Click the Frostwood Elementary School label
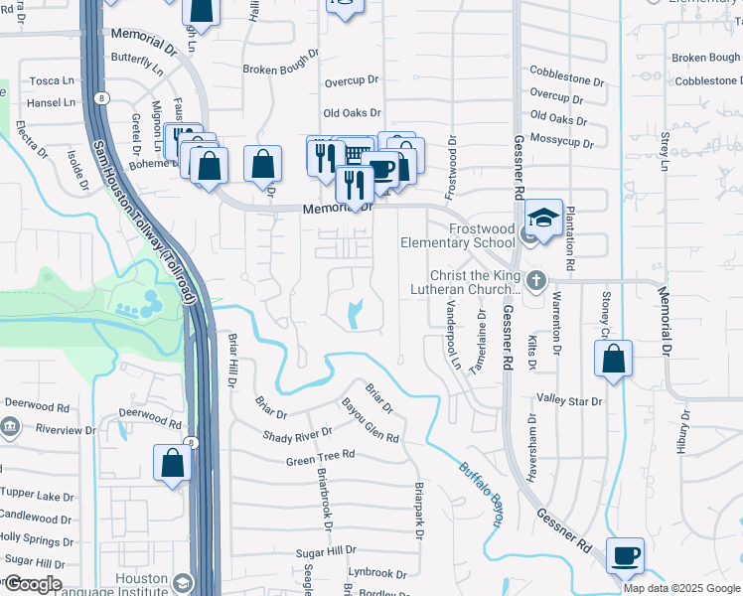pyautogui.click(x=457, y=235)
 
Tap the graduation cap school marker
pyautogui.click(x=543, y=218)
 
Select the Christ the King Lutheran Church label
pyautogui.click(x=466, y=282)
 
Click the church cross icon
pyautogui.click(x=536, y=280)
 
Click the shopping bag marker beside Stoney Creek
pyautogui.click(x=614, y=359)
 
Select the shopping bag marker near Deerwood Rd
pyautogui.click(x=173, y=463)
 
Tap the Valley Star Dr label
pyautogui.click(x=569, y=401)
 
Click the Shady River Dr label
pyautogui.click(x=297, y=436)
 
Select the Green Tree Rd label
pyautogui.click(x=320, y=458)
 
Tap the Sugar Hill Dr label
pyautogui.click(x=326, y=551)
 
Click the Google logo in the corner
pyautogui.click(x=32, y=584)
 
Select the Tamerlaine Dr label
pyautogui.click(x=482, y=339)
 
